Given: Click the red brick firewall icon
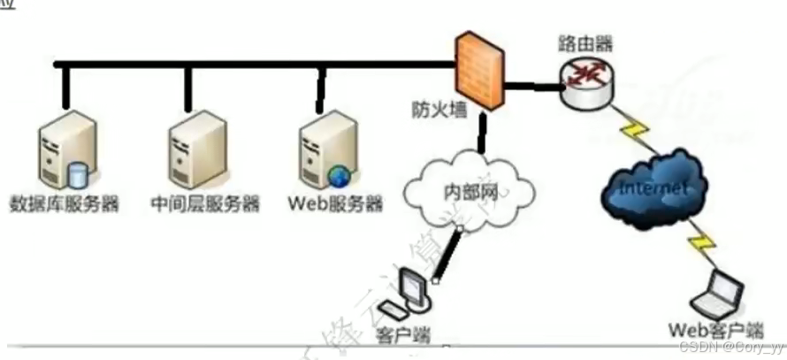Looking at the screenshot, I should point(480,73).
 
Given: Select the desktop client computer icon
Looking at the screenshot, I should point(413,292).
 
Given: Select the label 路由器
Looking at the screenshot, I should point(585,42).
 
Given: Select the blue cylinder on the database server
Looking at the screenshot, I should point(78,174).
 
